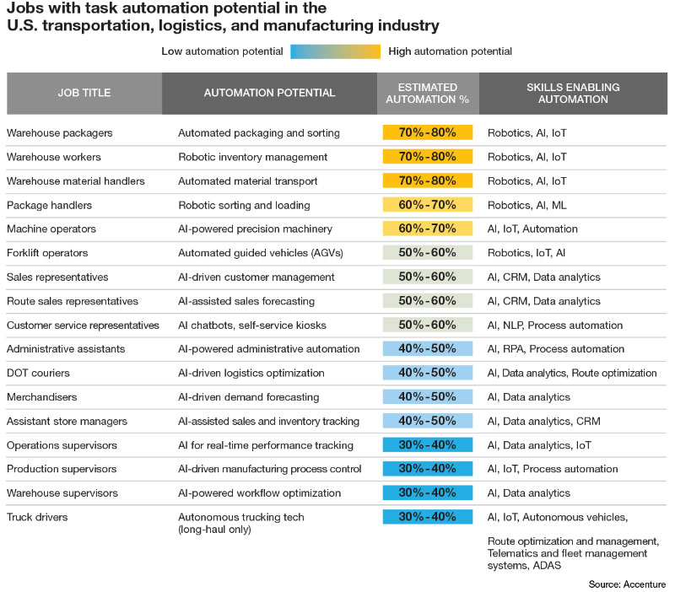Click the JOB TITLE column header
coord(84,93)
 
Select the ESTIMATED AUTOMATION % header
coord(428,93)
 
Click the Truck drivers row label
coord(38,517)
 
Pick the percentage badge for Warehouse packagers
coord(427,132)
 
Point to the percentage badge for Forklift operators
coord(427,253)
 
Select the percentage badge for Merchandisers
coord(427,397)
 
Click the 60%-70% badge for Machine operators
coord(427,229)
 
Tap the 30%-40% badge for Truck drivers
coord(427,517)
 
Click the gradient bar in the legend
coord(336,51)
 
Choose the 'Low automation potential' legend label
coord(222,51)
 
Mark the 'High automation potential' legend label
coord(451,51)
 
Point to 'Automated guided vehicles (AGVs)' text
coord(258,253)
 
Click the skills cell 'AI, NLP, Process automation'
coord(555,325)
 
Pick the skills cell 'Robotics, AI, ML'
coord(526,205)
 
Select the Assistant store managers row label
coord(67,421)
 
